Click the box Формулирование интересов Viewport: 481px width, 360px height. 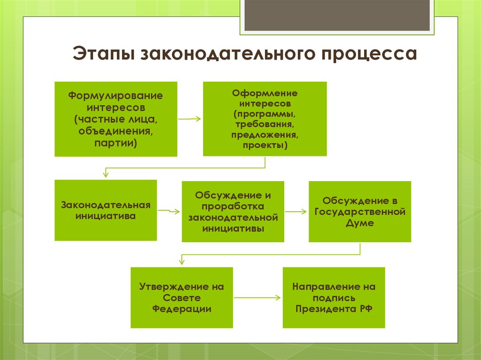[x=116, y=119]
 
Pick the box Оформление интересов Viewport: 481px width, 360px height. [x=265, y=119]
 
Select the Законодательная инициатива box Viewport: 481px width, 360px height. [x=106, y=210]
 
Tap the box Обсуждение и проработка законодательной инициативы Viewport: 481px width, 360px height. [x=233, y=212]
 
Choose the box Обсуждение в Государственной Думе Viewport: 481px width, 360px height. [x=360, y=212]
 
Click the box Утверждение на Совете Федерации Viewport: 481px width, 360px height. [x=182, y=298]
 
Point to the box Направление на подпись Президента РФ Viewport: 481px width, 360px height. [x=334, y=298]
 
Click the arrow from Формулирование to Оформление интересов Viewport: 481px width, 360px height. [x=190, y=119]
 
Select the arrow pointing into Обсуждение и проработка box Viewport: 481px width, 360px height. [x=170, y=211]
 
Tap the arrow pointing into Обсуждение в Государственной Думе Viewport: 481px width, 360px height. [x=296, y=212]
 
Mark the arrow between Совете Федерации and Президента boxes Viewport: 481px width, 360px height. [x=257, y=298]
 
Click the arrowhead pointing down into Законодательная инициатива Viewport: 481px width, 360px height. [x=106, y=174]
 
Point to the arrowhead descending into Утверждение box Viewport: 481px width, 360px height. [x=181, y=261]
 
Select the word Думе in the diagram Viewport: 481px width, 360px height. [x=360, y=223]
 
